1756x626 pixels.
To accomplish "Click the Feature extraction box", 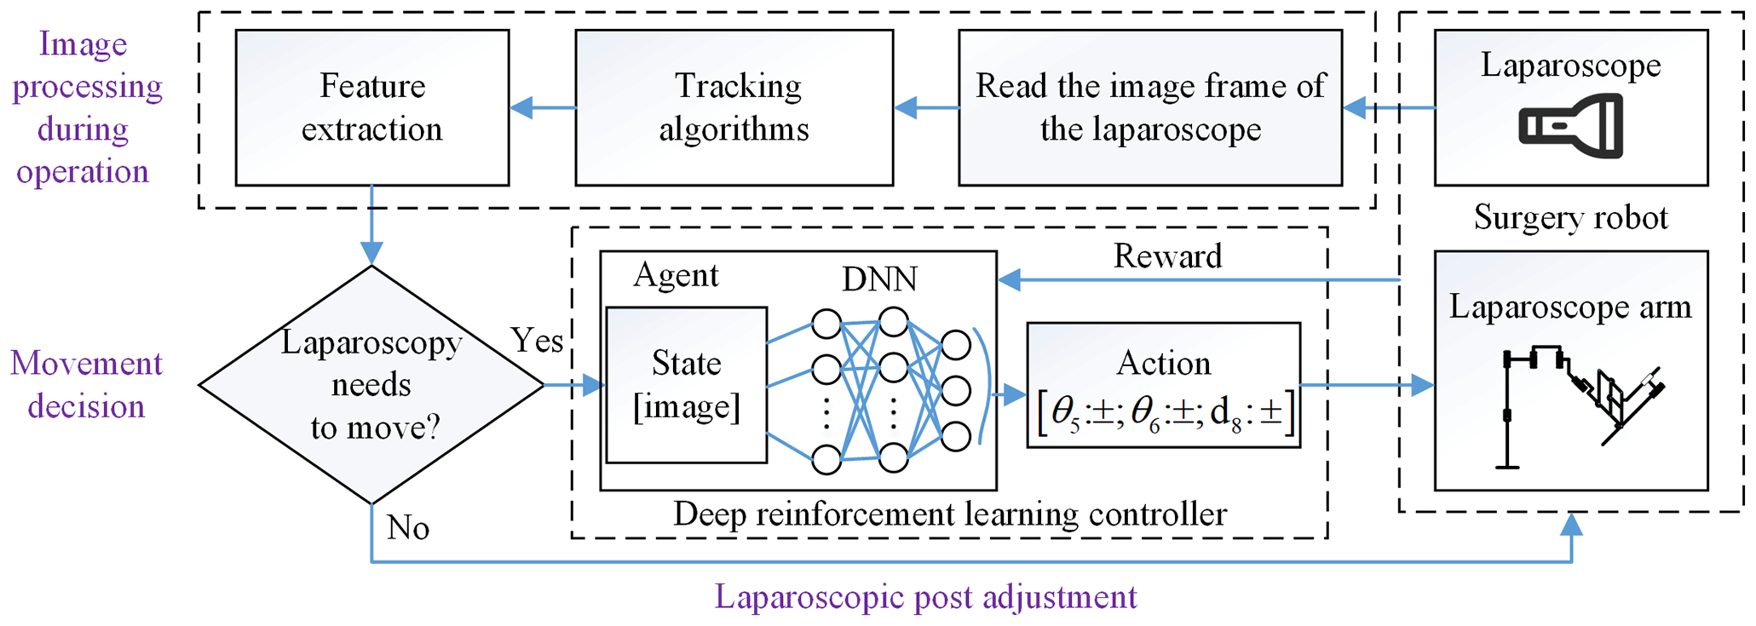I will coord(372,108).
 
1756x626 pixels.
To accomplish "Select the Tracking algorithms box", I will coord(734,108).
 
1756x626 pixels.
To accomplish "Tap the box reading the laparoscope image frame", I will coord(1150,108).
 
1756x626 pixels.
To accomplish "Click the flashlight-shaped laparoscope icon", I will coord(1570,126).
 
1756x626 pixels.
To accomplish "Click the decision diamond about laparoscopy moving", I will coord(371,385).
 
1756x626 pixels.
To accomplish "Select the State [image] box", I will coord(687,385).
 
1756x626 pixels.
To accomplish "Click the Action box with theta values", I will coord(1164,385).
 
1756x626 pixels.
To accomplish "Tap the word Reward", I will coord(1167,256).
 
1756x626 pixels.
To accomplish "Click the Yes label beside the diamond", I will coord(537,341).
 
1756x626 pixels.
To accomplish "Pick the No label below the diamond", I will coord(407,528).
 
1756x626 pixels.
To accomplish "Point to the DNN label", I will coord(879,279).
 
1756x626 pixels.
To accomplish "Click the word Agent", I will coord(676,275).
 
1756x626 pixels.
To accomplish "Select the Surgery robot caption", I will coord(1570,218).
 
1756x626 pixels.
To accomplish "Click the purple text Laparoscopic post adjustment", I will coord(925,597).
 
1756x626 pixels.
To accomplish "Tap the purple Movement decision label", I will coord(86,385).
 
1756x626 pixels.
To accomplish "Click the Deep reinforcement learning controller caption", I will coord(949,514).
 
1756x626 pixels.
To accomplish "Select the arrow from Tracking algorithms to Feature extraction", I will coord(543,108).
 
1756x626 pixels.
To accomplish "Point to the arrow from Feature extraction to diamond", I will coord(371,226).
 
